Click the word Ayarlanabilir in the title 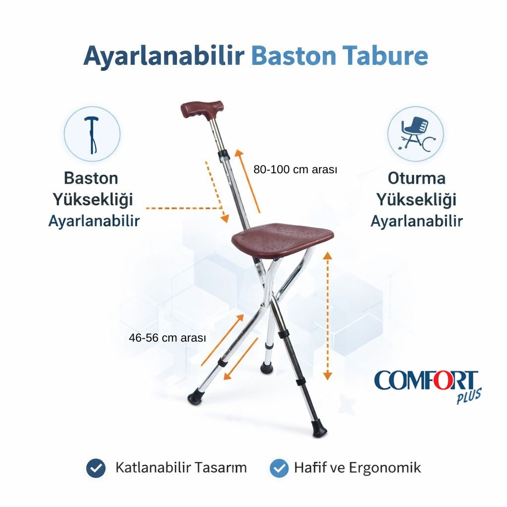pyautogui.click(x=163, y=55)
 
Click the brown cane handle pyautogui.click(x=202, y=108)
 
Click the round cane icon pyautogui.click(x=92, y=134)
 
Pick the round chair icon pyautogui.click(x=415, y=134)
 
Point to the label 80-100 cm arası pyautogui.click(x=295, y=169)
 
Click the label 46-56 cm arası pyautogui.click(x=167, y=338)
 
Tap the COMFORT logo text pyautogui.click(x=426, y=380)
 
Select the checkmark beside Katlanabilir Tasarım pyautogui.click(x=96, y=467)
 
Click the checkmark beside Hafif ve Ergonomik pyautogui.click(x=280, y=467)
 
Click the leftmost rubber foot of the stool pyautogui.click(x=196, y=397)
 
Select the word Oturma pyautogui.click(x=416, y=178)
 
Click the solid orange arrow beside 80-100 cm pyautogui.click(x=248, y=180)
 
